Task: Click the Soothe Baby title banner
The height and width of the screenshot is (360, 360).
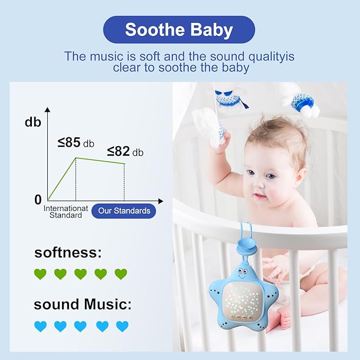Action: click(179, 30)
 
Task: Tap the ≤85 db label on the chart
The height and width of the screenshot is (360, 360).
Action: click(76, 143)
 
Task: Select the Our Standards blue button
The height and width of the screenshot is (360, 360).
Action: click(124, 210)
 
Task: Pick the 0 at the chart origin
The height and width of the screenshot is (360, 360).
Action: click(38, 200)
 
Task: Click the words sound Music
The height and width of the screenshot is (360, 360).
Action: click(82, 304)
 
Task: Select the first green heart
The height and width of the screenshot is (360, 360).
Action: click(40, 274)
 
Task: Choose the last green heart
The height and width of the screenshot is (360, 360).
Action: click(121, 274)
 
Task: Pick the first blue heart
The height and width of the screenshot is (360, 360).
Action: click(40, 326)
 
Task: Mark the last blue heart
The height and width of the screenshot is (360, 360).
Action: click(122, 326)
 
